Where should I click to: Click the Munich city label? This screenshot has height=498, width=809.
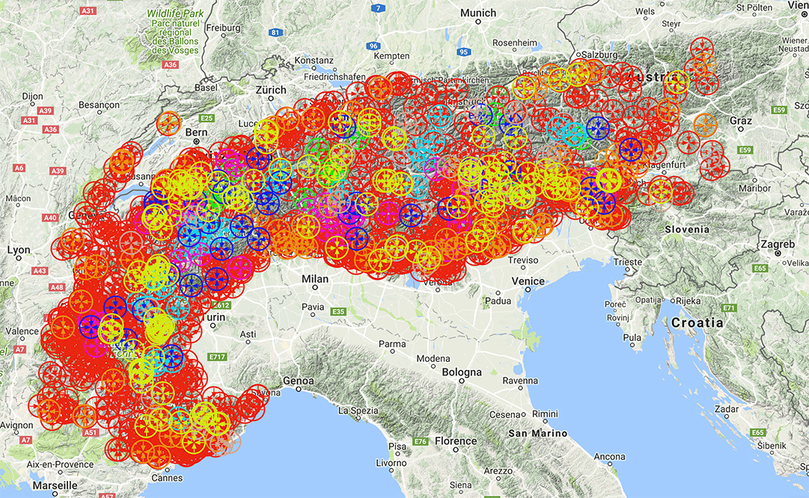coord(478,13)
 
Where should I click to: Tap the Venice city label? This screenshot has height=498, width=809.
coord(528,280)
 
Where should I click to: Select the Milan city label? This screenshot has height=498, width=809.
coord(314,278)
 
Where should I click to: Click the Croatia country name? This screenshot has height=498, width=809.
coord(697,323)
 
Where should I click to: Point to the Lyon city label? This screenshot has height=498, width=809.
coord(18,250)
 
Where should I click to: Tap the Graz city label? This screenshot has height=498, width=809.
coord(742,120)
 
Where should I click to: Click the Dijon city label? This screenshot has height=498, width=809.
coord(33,96)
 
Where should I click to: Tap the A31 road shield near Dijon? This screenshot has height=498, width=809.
coord(30,120)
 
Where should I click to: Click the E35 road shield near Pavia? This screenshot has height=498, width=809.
coord(338,311)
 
